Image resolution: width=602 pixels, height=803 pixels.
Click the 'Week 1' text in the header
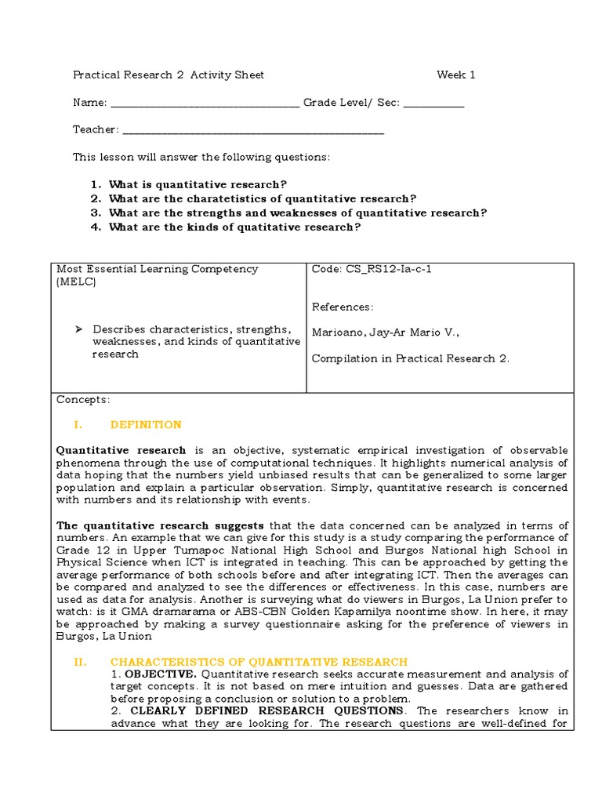tap(456, 75)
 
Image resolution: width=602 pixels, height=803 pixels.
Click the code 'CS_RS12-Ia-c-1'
tap(372, 269)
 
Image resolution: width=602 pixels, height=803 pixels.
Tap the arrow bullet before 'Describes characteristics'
tap(78, 329)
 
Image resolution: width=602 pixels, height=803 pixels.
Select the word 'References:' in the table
tap(343, 307)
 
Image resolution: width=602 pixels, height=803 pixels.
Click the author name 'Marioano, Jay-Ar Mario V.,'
tap(386, 332)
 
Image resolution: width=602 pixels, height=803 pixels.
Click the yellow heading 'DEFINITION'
tap(146, 425)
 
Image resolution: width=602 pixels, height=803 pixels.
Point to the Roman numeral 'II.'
tap(80, 663)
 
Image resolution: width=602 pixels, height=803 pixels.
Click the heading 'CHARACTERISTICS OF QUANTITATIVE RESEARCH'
tap(259, 663)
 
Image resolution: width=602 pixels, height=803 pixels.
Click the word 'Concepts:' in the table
tap(83, 400)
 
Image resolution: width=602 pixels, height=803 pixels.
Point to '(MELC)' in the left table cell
tap(76, 282)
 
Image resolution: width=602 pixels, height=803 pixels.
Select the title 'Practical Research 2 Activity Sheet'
tap(169, 75)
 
